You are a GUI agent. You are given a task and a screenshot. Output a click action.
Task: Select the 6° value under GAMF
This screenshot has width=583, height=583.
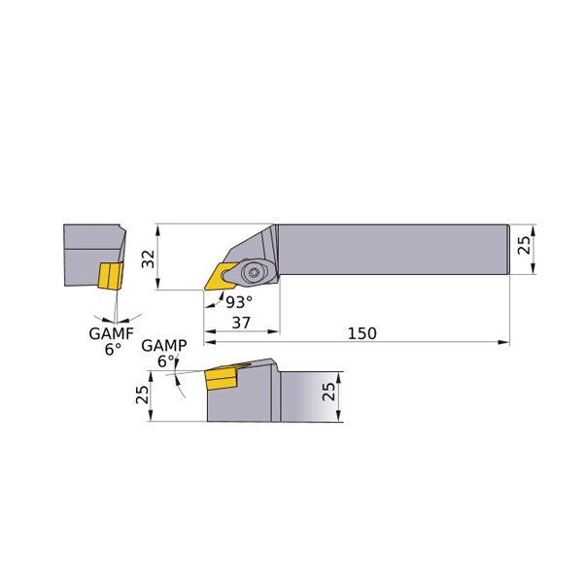coord(113,350)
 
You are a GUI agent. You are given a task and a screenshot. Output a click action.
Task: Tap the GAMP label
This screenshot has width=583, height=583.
coord(163,346)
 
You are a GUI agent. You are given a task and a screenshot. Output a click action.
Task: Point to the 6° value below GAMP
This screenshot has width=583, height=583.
coord(166,361)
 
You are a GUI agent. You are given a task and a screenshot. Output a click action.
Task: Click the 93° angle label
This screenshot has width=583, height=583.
coord(238,302)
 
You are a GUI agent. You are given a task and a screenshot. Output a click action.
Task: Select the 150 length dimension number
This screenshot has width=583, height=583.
coord(361,333)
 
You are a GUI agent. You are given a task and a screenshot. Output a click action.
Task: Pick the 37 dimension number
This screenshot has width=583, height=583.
coord(241,323)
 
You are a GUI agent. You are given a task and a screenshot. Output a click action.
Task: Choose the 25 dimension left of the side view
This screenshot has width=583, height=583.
coord(143,394)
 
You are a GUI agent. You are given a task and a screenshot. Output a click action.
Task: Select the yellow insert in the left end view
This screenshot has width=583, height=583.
coord(109,275)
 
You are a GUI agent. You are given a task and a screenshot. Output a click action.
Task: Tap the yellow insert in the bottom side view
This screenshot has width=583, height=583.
coord(223,378)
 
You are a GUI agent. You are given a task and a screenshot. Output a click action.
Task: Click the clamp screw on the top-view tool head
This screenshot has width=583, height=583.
coord(257,271)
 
